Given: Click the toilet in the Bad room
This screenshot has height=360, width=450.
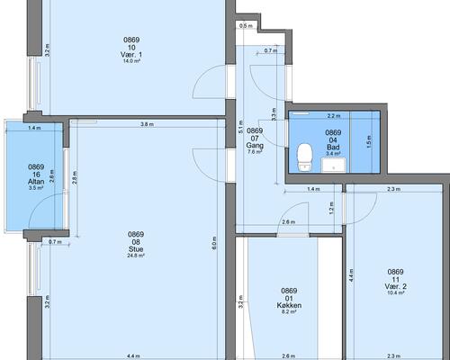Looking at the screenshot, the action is [305, 157].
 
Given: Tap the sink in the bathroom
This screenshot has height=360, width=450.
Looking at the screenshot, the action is [333, 165].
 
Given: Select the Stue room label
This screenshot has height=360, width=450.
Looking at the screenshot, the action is [136, 249].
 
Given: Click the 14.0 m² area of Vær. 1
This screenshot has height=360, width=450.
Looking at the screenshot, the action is [131, 61].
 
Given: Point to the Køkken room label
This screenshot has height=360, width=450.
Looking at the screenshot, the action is [289, 305].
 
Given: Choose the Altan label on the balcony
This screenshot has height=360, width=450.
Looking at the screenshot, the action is [36, 182].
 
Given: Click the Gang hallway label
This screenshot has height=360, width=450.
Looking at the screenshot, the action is [255, 146].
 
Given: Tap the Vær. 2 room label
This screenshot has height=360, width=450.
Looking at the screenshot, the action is [395, 286].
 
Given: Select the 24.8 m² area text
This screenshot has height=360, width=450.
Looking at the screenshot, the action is [136, 256].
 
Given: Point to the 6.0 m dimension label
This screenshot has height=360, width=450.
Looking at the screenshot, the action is [214, 244].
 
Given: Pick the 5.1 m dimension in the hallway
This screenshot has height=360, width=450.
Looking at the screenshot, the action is [240, 127].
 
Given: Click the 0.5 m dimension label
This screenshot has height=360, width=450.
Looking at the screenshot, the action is [246, 26].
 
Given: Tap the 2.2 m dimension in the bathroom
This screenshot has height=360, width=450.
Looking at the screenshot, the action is [334, 116].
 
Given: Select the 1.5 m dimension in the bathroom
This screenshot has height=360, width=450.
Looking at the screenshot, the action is [369, 141].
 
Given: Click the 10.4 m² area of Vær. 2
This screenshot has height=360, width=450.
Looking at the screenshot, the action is [396, 292].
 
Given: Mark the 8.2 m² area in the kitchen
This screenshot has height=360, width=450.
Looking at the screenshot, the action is [289, 311].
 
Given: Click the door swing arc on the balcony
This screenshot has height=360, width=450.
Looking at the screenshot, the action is [39, 200].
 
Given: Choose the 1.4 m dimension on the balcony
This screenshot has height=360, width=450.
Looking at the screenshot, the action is [34, 128].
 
